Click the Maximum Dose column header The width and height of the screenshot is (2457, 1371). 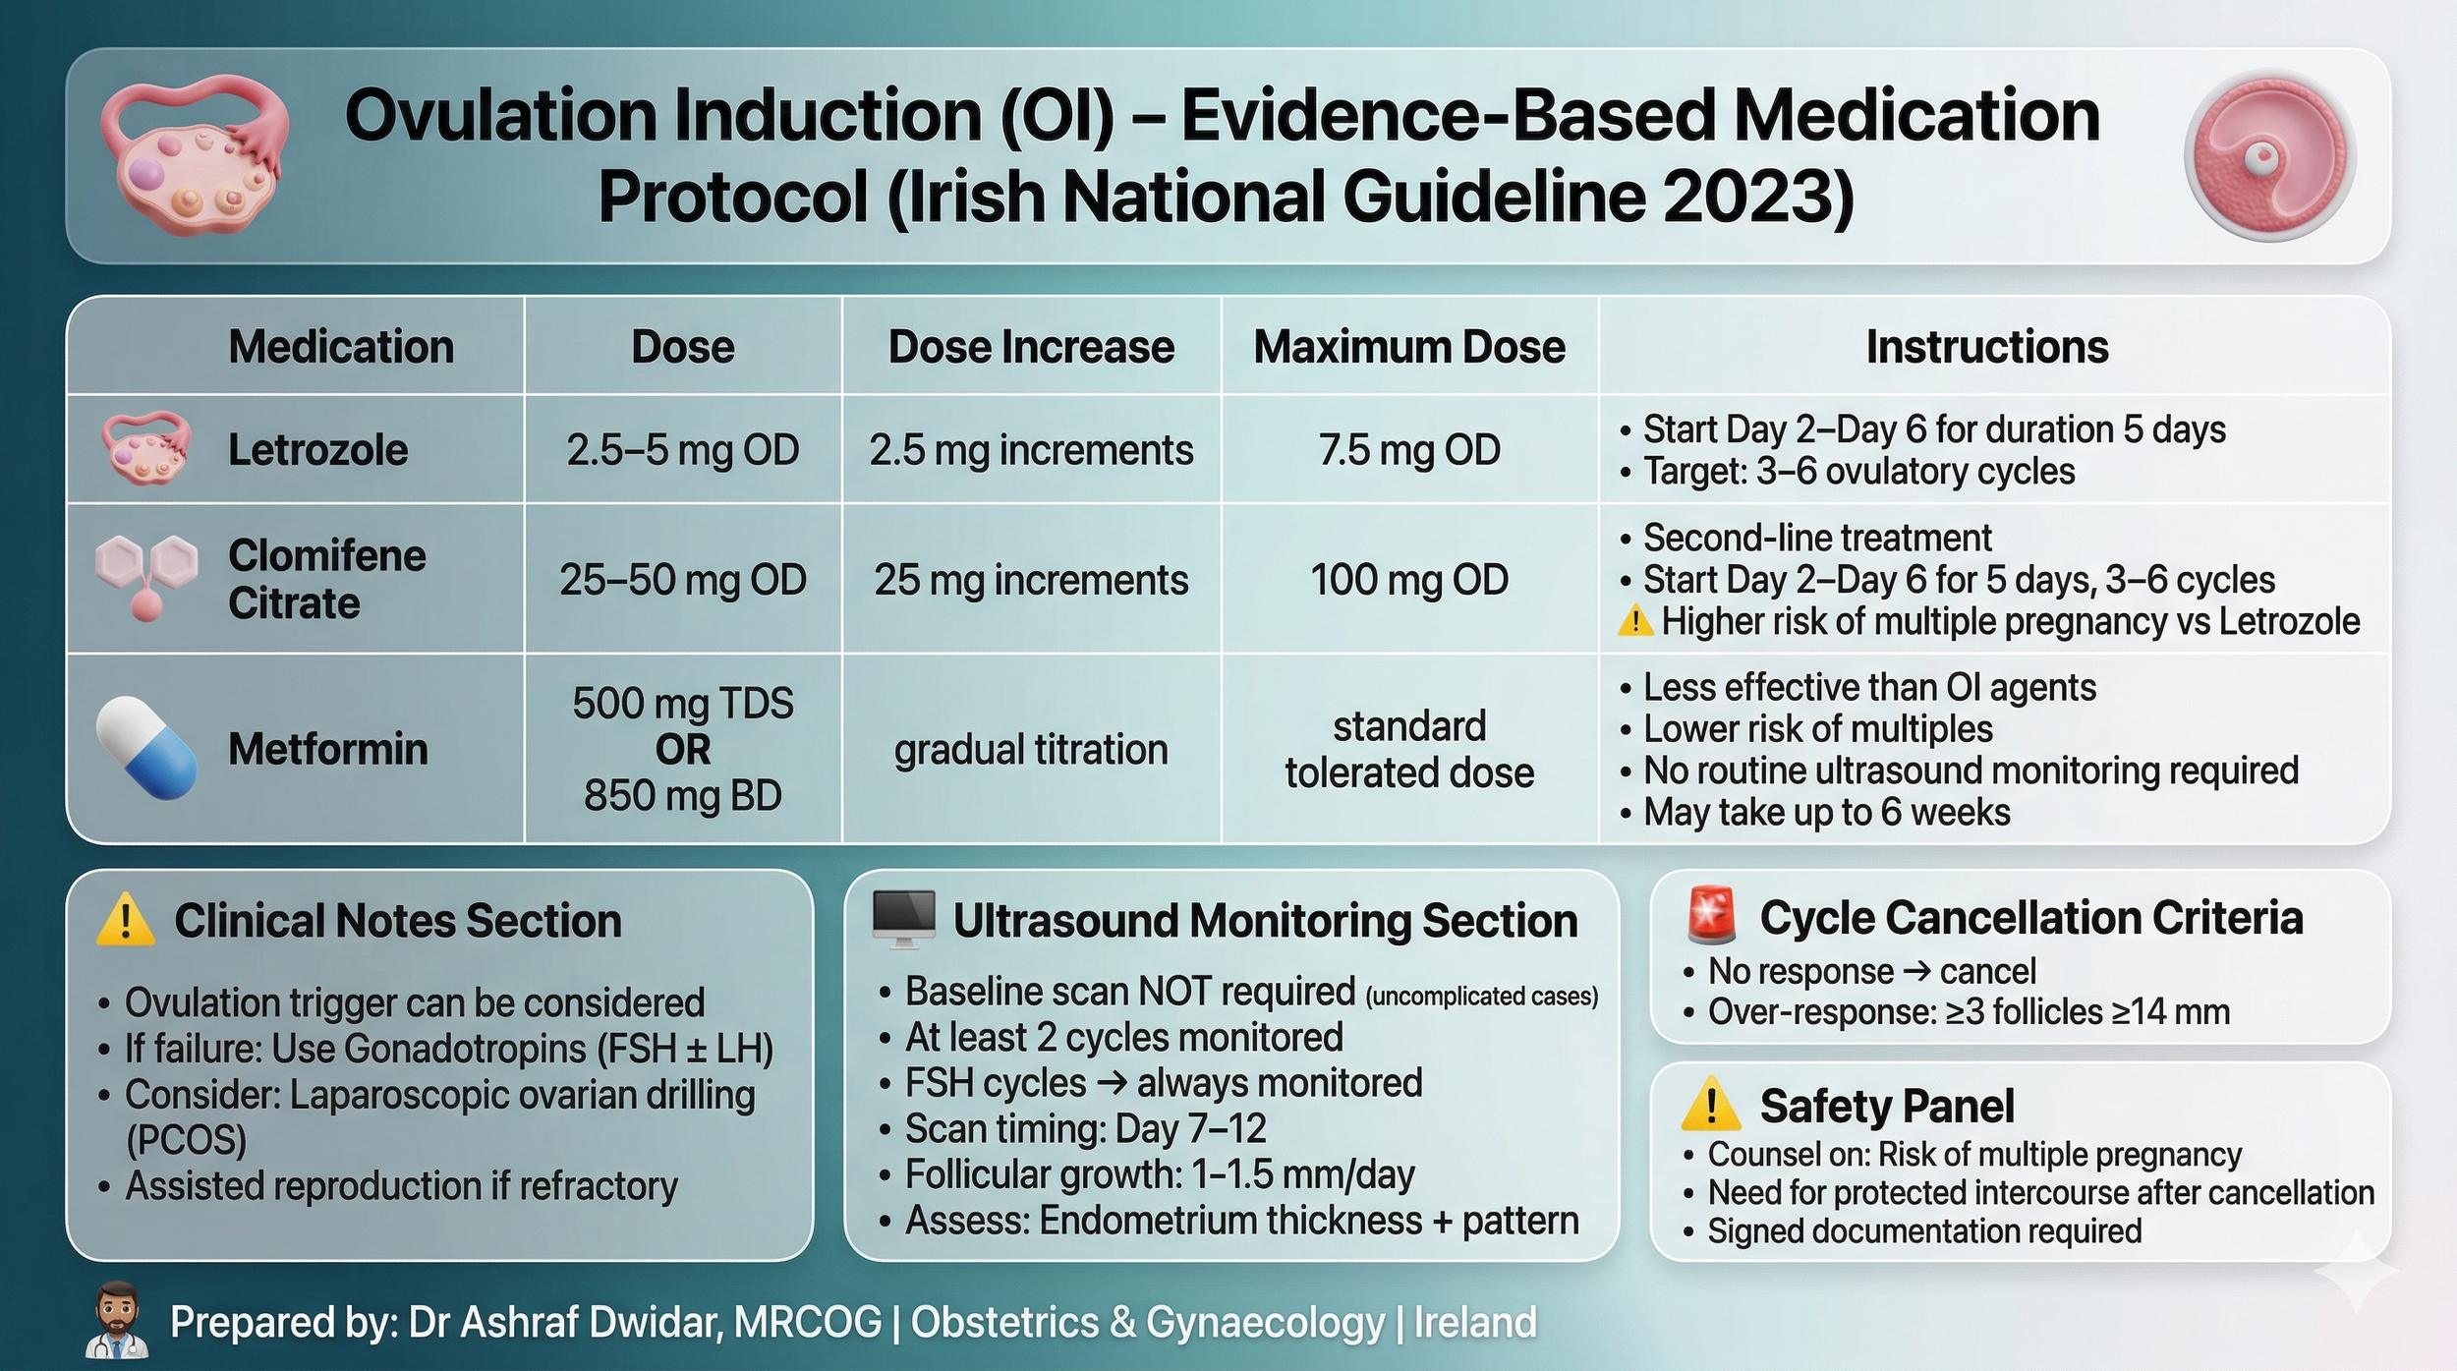[1409, 347]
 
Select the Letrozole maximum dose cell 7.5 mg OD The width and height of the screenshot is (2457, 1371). [1409, 450]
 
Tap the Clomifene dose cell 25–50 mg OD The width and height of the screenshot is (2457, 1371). [683, 580]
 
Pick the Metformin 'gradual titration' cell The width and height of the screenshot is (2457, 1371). [1031, 750]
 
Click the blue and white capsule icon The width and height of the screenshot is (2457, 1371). [146, 748]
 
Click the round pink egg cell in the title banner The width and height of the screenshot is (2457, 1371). [2270, 156]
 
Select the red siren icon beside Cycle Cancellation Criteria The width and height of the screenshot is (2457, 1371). [1711, 914]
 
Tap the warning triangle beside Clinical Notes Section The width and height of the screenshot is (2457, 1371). [125, 920]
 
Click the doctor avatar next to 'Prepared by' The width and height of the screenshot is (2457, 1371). [118, 1320]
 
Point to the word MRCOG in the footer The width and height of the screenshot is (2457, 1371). [808, 1323]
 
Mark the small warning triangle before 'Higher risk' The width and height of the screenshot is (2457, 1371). [1635, 620]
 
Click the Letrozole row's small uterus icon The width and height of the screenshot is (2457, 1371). [146, 448]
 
